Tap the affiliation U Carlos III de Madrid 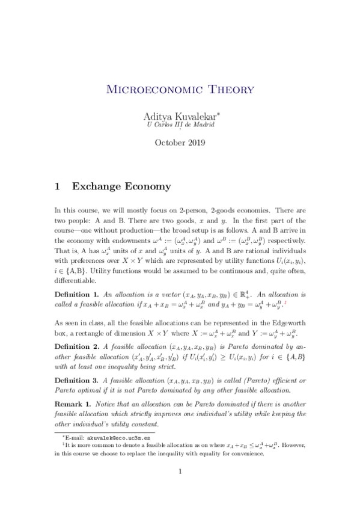click(x=180, y=125)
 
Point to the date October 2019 click(x=180, y=143)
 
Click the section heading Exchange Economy click(x=121, y=186)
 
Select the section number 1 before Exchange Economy click(x=58, y=186)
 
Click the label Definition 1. click(x=76, y=295)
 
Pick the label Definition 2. click(x=76, y=346)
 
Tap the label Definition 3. click(x=76, y=381)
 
